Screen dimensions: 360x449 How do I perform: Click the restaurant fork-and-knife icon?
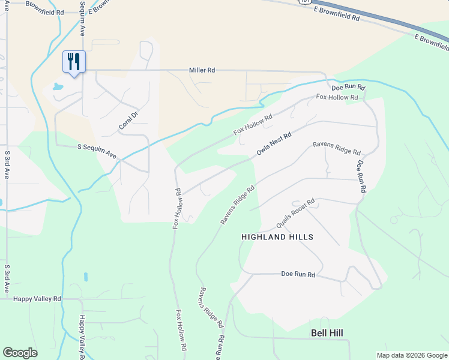74,61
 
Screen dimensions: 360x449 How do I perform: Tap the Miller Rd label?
202,70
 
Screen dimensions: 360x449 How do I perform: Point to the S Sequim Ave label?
97,150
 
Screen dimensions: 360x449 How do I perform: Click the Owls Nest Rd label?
274,145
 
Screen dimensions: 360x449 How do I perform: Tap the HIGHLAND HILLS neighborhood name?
277,237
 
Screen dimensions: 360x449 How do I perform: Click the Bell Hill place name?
330,332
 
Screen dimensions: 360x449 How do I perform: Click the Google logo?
20,353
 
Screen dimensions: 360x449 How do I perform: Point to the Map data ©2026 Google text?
411,355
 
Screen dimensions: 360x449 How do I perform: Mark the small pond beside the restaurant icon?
58,87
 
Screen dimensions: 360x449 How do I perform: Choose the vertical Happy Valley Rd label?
80,336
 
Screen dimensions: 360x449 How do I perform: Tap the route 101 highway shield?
306,2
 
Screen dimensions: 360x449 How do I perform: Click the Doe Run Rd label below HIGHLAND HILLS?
298,274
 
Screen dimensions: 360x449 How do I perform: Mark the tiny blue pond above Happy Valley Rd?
85,277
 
